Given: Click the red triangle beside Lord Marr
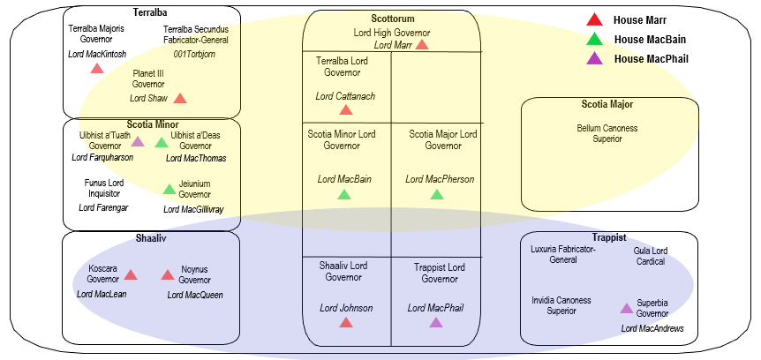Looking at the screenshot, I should pos(422,45).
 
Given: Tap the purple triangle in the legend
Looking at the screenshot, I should pos(595,59).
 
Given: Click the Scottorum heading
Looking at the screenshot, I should pos(393,19).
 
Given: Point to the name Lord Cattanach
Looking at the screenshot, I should pos(345,94).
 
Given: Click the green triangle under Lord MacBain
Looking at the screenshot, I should pos(344,194).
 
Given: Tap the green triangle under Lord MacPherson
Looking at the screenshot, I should pos(437,194).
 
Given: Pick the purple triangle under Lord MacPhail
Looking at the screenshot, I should pos(436,323).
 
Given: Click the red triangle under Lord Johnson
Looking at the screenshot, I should pos(345,323).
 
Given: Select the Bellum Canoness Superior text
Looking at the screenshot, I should pos(607,133).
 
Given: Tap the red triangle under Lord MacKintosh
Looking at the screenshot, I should pos(97,69).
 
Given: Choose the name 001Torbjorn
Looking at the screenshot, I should pos(194,54).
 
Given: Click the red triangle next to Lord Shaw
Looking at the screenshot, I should pos(180,99).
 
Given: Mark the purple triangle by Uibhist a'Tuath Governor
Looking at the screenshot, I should pos(138,141).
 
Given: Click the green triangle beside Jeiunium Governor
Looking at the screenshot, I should pos(170,189).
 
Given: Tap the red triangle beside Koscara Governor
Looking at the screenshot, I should pos(131,274).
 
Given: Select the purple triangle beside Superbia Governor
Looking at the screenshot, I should pos(626,309).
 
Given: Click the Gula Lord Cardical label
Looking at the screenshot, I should pos(650,256).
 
